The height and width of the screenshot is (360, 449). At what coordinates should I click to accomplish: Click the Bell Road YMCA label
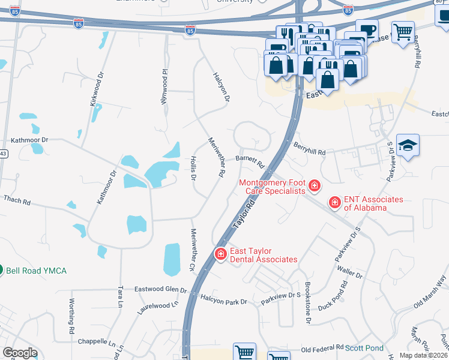click(x=36, y=271)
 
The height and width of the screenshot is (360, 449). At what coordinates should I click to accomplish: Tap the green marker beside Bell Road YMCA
click(x=1, y=271)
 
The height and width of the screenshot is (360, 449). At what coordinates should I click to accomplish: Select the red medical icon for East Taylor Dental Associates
click(x=221, y=255)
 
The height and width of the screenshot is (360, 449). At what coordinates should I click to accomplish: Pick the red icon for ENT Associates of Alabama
click(x=334, y=203)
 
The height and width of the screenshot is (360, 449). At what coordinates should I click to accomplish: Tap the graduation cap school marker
click(x=408, y=146)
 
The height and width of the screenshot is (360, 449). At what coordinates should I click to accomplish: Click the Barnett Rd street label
click(x=250, y=161)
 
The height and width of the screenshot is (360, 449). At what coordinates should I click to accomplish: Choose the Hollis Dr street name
click(x=193, y=170)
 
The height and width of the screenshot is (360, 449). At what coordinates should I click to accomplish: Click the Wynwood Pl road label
click(x=163, y=88)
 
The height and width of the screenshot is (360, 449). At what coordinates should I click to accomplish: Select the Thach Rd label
click(x=17, y=200)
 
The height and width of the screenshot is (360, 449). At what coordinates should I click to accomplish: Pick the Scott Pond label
click(x=364, y=348)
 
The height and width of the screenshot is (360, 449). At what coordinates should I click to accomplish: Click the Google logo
click(x=20, y=353)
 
